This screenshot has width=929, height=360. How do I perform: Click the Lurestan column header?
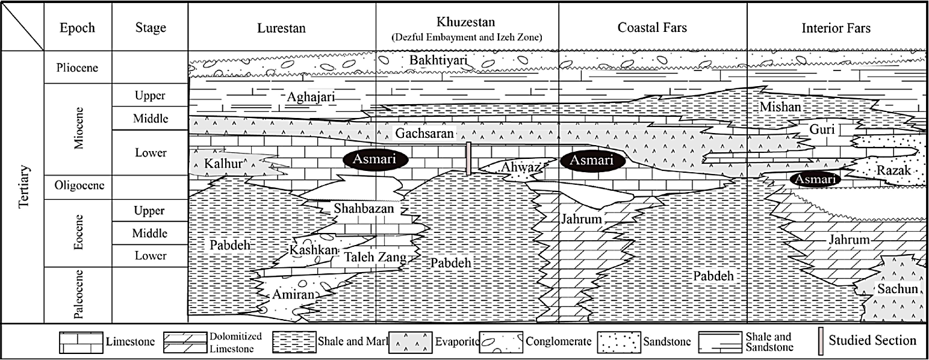pyautogui.click(x=281, y=28)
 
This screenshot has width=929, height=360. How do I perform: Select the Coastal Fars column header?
pyautogui.click(x=652, y=28)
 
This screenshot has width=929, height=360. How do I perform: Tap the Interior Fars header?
pyautogui.click(x=836, y=28)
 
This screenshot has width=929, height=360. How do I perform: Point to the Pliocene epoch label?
pyautogui.click(x=78, y=67)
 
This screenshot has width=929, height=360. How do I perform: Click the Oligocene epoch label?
pyautogui.click(x=78, y=187)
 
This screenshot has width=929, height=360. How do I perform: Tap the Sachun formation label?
pyautogui.click(x=897, y=290)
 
